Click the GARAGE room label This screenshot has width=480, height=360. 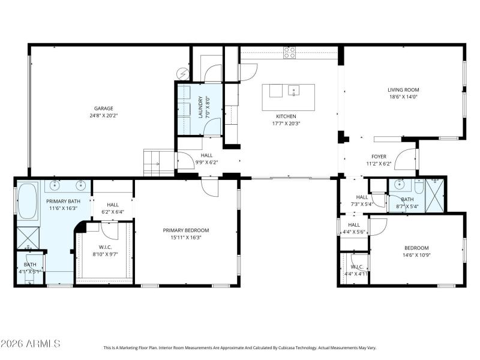(x=103, y=109)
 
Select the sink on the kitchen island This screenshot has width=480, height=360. (x=294, y=91)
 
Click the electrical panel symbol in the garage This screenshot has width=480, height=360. (x=182, y=73)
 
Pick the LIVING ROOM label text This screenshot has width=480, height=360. (x=403, y=90)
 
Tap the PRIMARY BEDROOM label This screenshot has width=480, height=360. (x=186, y=230)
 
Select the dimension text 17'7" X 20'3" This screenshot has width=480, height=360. (x=286, y=124)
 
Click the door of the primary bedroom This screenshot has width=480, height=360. (x=211, y=187)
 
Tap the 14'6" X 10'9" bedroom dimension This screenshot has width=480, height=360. (x=416, y=255)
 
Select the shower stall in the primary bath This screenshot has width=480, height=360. (x=26, y=237)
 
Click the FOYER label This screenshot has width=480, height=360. (x=379, y=156)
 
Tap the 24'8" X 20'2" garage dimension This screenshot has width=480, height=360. (x=103, y=116)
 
